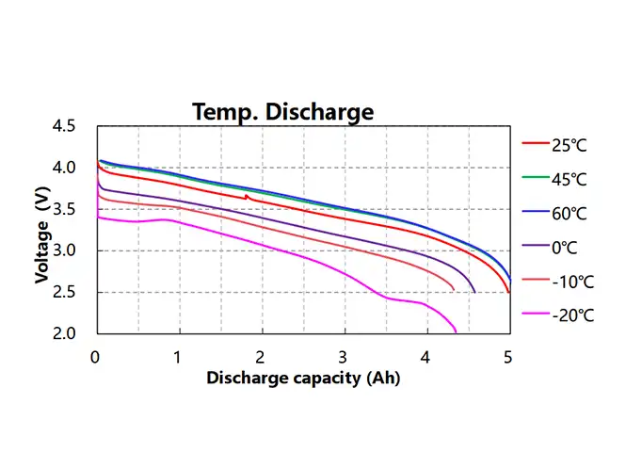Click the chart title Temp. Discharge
282,112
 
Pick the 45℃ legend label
568,179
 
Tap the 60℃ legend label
568,214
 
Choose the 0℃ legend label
564,248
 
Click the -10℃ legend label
570,282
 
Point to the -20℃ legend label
570,316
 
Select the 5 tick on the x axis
508,358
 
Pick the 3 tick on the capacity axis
344,358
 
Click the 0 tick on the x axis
96,358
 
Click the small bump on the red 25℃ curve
247,196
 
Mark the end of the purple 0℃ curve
474,292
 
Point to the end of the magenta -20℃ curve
457,332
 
